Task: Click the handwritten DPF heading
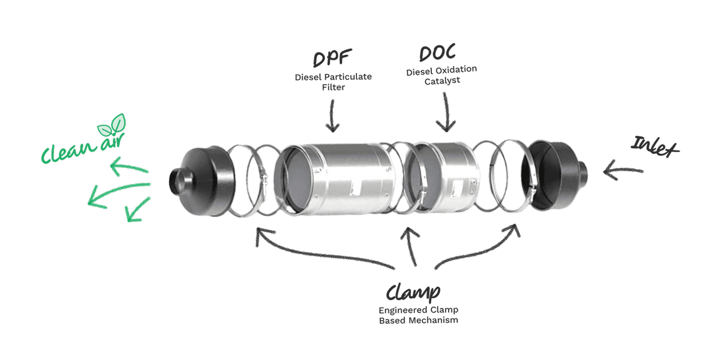pyautogui.click(x=333, y=59)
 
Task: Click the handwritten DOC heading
pyautogui.click(x=437, y=53)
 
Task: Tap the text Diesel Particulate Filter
pyautogui.click(x=333, y=82)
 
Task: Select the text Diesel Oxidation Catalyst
pyautogui.click(x=441, y=75)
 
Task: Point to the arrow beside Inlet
pyautogui.click(x=623, y=170)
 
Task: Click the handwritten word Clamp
pyautogui.click(x=413, y=292)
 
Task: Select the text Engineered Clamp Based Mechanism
pyautogui.click(x=418, y=315)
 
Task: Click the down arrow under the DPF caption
pyautogui.click(x=333, y=116)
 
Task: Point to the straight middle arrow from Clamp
pyautogui.click(x=412, y=246)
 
